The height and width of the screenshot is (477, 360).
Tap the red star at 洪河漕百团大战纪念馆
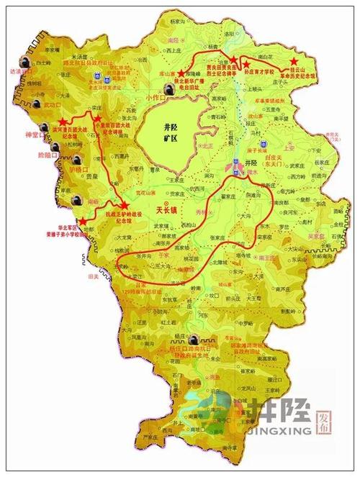63,119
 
